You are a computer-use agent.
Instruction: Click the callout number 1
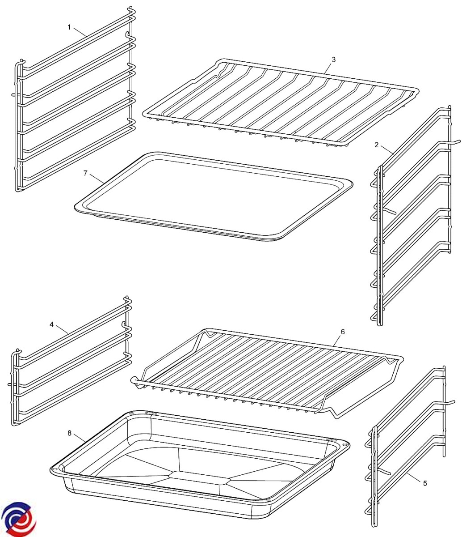pyautogui.click(x=69, y=27)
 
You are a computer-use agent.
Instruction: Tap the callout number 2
pyautogui.click(x=377, y=145)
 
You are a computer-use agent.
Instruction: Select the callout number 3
pyautogui.click(x=334, y=60)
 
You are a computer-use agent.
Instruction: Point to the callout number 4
pyautogui.click(x=52, y=324)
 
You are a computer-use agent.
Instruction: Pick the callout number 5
pyautogui.click(x=425, y=483)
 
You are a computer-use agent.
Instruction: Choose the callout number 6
pyautogui.click(x=343, y=332)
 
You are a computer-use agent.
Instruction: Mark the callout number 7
pyautogui.click(x=86, y=173)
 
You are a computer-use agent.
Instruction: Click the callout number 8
pyautogui.click(x=69, y=433)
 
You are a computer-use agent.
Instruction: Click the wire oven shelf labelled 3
pyautogui.click(x=280, y=67)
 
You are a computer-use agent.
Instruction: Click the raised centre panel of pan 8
pyautogui.click(x=197, y=477)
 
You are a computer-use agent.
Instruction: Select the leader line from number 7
pyautogui.click(x=97, y=178)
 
